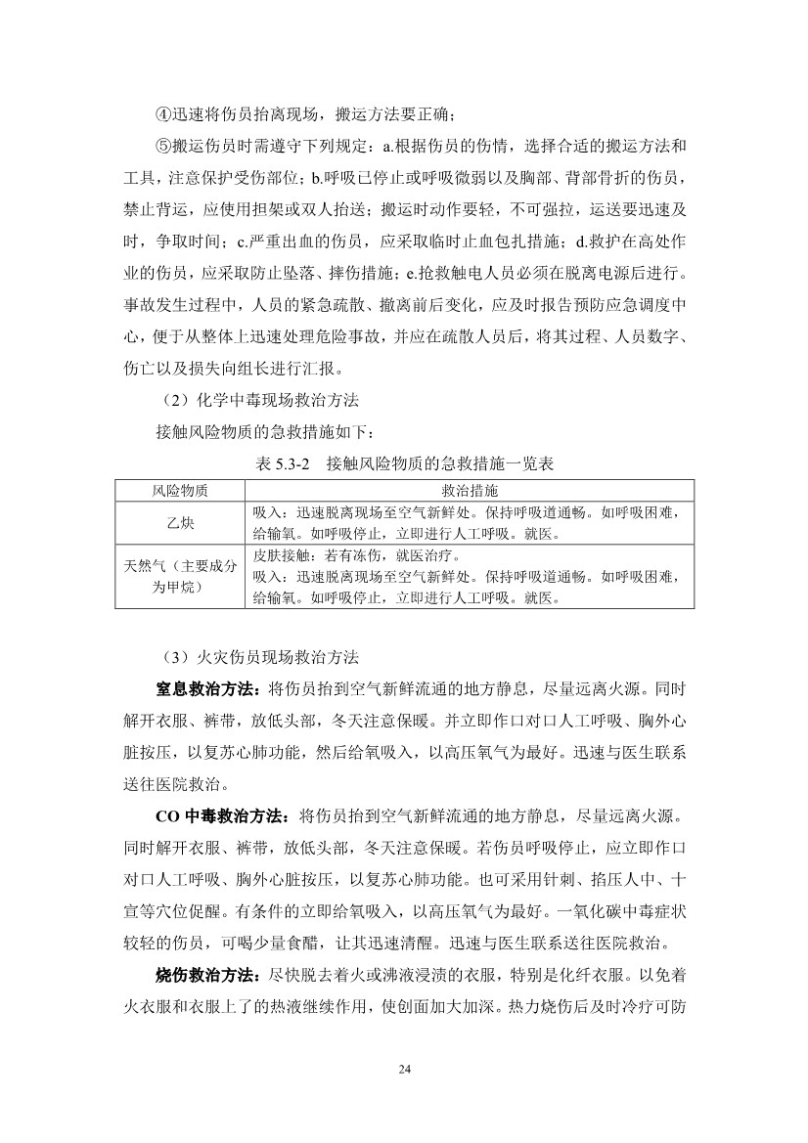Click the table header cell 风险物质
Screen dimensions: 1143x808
click(x=180, y=489)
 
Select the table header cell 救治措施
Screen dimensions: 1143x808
click(x=469, y=489)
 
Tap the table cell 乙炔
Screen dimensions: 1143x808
click(x=180, y=522)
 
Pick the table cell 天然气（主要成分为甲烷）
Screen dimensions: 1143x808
click(x=180, y=576)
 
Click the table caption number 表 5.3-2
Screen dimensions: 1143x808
click(x=282, y=463)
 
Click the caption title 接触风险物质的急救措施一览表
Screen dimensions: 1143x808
click(x=440, y=463)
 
